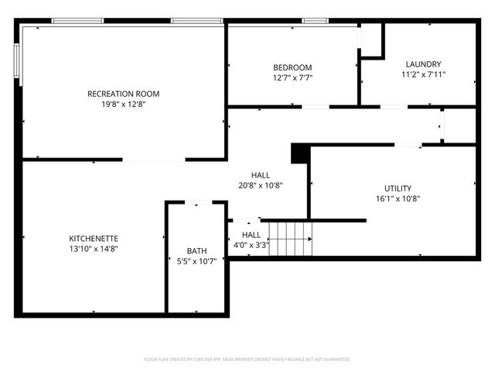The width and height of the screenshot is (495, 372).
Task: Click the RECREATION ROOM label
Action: point(123,94)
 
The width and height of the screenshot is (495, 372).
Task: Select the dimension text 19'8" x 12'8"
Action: point(123,104)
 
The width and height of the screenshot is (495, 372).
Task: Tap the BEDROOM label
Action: point(292,67)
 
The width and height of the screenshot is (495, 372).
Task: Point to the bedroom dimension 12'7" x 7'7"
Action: point(292,77)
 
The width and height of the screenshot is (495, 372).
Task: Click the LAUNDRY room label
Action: point(423,64)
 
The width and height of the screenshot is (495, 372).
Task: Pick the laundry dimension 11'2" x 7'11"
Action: point(423,74)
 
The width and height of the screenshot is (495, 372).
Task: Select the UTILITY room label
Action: point(398,188)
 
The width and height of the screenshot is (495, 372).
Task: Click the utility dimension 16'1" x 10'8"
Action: point(398,198)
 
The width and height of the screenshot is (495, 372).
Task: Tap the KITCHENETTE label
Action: point(94,238)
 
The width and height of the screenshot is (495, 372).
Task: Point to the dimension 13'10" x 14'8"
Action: point(94,248)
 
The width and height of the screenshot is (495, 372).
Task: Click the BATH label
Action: point(196,250)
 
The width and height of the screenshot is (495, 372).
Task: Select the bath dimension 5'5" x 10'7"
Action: point(196,260)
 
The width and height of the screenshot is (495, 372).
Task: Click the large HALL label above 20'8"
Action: point(260,175)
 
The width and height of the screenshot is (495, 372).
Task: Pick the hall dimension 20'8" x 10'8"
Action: point(260,185)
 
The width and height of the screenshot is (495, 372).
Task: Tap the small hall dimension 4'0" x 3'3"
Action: point(251,245)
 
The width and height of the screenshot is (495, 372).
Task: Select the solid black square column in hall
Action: point(299,153)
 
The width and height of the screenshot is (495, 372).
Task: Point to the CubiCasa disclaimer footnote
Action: point(247,360)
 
